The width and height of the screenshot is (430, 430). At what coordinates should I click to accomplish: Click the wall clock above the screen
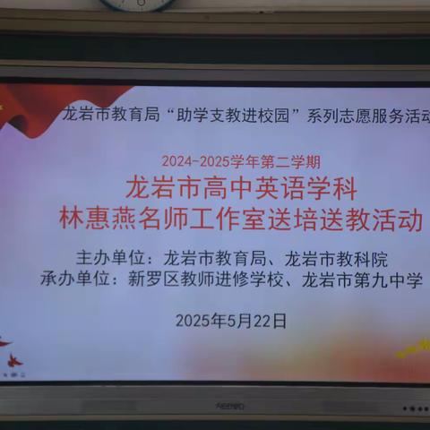click(x=138, y=4)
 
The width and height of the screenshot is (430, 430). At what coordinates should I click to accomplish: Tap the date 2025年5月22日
click(x=231, y=320)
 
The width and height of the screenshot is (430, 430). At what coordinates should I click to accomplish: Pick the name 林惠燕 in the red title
click(x=95, y=220)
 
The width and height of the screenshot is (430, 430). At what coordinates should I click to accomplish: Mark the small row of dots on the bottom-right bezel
click(x=414, y=408)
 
